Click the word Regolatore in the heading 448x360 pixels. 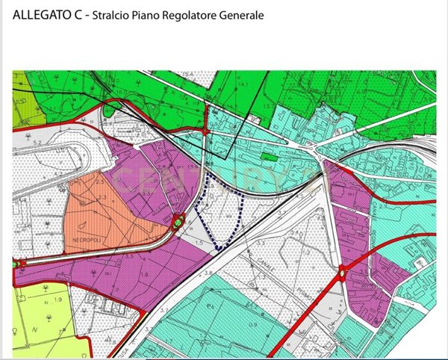(190, 16)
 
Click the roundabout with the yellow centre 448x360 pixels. (341, 273)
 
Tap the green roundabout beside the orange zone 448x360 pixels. (178, 221)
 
